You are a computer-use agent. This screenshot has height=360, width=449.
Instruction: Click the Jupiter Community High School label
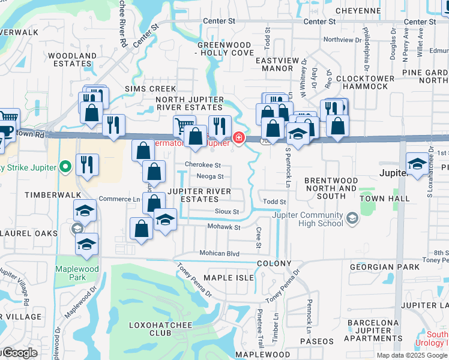307,219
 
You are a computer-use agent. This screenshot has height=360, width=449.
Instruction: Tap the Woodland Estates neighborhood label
73,59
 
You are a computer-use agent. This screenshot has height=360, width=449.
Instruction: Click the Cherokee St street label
203,164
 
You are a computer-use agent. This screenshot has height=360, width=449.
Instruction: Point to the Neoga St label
210,176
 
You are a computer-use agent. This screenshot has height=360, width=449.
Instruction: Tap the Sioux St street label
227,212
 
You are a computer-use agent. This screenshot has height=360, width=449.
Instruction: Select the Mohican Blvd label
219,253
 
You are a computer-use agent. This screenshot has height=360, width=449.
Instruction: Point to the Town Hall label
380,197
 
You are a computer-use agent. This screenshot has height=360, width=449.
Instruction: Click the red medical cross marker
239,139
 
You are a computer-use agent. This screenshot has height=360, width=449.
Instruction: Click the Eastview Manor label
274,65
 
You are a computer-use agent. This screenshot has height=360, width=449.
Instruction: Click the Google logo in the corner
20,353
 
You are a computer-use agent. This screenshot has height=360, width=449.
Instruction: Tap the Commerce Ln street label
119,199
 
